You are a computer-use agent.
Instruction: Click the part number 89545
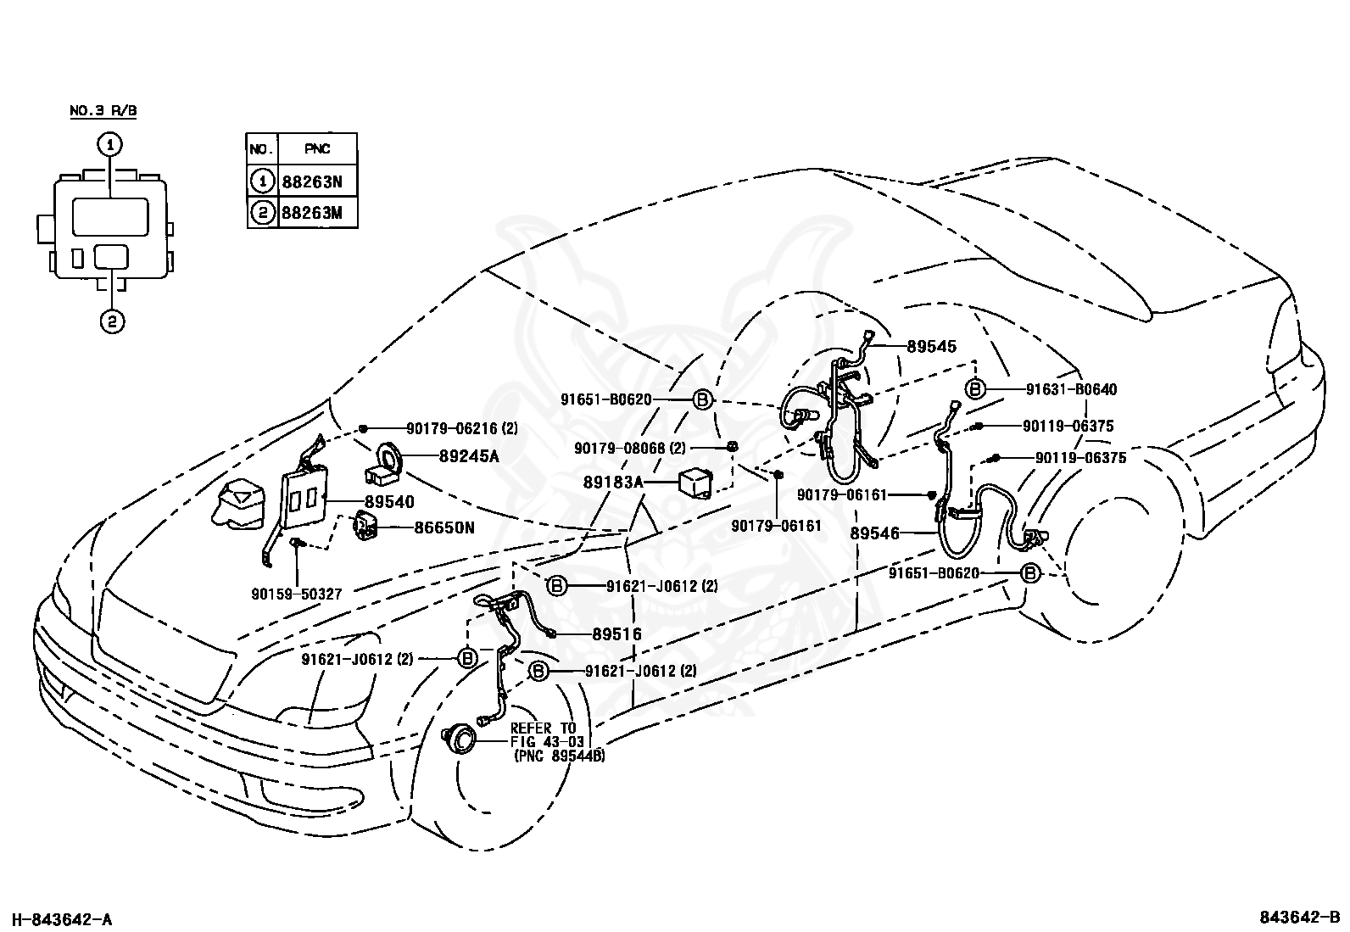tap(931, 346)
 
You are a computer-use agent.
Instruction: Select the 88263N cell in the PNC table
tap(318, 181)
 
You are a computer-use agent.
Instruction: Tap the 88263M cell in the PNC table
tap(318, 212)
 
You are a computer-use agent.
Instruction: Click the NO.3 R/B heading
tap(103, 110)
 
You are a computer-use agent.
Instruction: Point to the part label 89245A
tap(469, 455)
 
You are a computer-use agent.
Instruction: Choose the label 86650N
tap(444, 527)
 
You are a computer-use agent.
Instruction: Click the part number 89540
tap(389, 501)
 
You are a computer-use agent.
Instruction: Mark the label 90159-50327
tap(297, 594)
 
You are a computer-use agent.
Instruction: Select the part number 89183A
tap(613, 483)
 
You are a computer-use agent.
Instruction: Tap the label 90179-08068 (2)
tap(630, 448)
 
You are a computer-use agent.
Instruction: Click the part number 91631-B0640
tap(1071, 389)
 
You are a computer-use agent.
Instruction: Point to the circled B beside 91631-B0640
tap(975, 389)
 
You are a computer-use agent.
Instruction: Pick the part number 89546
tap(874, 533)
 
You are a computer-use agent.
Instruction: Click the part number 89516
tap(616, 633)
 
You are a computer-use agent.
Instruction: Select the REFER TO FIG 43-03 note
tap(557, 742)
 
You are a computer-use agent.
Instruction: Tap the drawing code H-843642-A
tap(62, 919)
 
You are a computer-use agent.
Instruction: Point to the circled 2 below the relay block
tap(112, 321)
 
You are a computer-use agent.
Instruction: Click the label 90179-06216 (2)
tap(461, 428)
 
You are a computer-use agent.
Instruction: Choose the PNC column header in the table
tap(317, 149)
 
